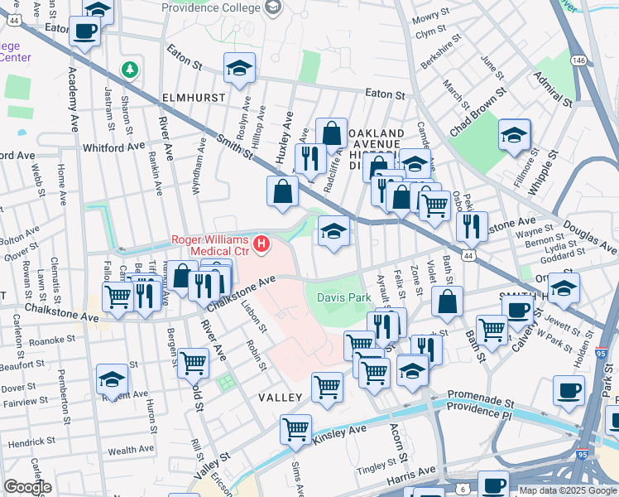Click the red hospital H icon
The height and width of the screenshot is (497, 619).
point(262,244)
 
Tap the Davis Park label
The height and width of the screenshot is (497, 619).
point(343,297)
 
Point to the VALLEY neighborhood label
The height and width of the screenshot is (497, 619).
point(280,398)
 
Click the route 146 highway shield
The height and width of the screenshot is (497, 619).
point(579,60)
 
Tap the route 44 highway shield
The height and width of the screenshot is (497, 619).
point(468,258)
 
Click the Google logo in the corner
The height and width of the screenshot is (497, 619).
point(27,486)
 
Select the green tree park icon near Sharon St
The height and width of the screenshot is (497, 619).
point(128,69)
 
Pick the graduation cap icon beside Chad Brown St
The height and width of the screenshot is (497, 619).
point(514,135)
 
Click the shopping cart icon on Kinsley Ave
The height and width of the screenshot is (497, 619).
point(295,429)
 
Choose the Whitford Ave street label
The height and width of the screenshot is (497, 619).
point(114,147)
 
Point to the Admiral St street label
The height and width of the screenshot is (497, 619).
point(552,89)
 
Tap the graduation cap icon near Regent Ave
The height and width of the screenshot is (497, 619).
point(112,379)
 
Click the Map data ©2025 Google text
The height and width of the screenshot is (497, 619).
point(567,490)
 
